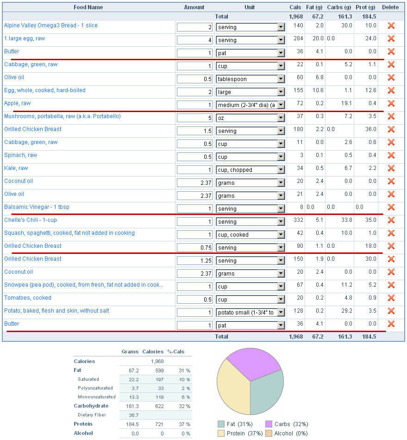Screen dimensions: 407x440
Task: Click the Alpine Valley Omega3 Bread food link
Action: [x=51, y=25]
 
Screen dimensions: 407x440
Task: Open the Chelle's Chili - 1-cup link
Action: [x=31, y=220]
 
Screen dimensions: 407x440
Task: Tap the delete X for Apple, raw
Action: [x=391, y=104]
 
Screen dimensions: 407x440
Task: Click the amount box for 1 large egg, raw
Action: [x=194, y=40]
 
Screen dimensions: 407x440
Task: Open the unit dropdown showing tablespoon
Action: [x=250, y=79]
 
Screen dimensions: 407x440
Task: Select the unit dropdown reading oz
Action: [x=250, y=118]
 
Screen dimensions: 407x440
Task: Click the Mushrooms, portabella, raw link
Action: [x=62, y=116]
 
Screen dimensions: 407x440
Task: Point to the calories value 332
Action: [x=298, y=220]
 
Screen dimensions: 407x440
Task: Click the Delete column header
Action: [x=390, y=7]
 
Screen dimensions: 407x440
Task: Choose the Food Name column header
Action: [x=88, y=7]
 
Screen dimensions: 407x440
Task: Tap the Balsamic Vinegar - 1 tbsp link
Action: [x=37, y=207]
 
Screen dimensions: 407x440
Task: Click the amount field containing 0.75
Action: [x=194, y=247]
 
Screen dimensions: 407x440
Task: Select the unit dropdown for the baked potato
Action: [x=250, y=312]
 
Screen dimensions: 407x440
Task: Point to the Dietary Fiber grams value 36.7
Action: [x=133, y=415]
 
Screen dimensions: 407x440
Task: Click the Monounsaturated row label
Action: [x=97, y=397]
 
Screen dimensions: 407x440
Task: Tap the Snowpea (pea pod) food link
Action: [x=84, y=285]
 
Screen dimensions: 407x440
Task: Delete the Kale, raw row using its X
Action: [x=391, y=169]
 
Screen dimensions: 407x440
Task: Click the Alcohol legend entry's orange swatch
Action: [x=269, y=433]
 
